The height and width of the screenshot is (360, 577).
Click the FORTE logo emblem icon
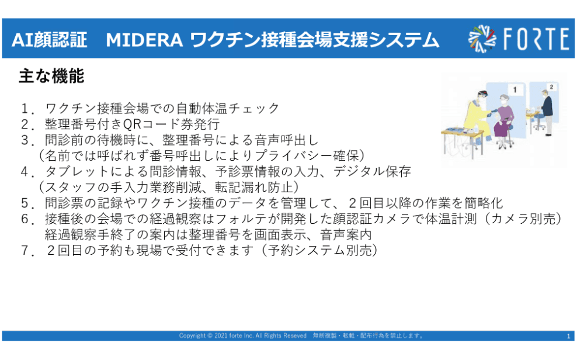point(482,39)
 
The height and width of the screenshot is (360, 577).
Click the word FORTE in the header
point(534,39)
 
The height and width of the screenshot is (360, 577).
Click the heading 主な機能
point(51,76)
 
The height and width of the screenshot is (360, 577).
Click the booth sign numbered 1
point(515,89)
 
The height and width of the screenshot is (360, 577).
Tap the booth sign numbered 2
point(551,86)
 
